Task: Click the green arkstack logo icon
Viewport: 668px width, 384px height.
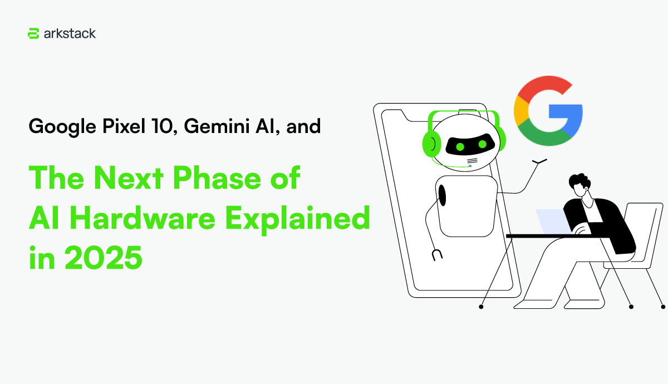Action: pos(33,33)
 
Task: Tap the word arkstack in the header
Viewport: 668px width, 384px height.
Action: pos(70,33)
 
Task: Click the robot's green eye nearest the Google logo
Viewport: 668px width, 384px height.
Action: pos(482,144)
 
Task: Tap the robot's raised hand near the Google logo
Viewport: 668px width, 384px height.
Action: pos(539,162)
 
